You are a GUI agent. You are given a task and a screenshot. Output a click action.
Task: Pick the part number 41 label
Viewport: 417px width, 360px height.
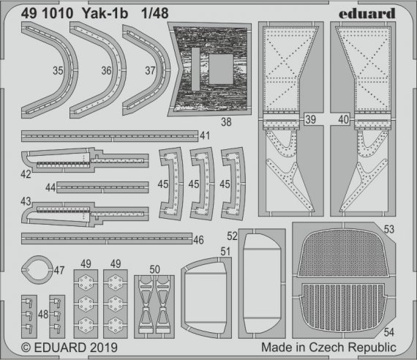[x=205, y=135]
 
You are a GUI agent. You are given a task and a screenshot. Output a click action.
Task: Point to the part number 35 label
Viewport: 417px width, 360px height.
[x=57, y=71]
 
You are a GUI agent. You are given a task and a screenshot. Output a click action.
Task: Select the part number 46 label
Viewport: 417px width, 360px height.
[x=198, y=239]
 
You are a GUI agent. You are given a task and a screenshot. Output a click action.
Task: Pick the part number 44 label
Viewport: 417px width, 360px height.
[x=50, y=187]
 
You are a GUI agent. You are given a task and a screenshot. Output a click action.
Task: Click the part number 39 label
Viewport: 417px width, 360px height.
[x=310, y=119]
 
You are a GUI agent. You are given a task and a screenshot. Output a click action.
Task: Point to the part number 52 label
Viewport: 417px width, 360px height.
[x=231, y=237]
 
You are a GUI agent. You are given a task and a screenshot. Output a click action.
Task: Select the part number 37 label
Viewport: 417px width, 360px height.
[x=149, y=71]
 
